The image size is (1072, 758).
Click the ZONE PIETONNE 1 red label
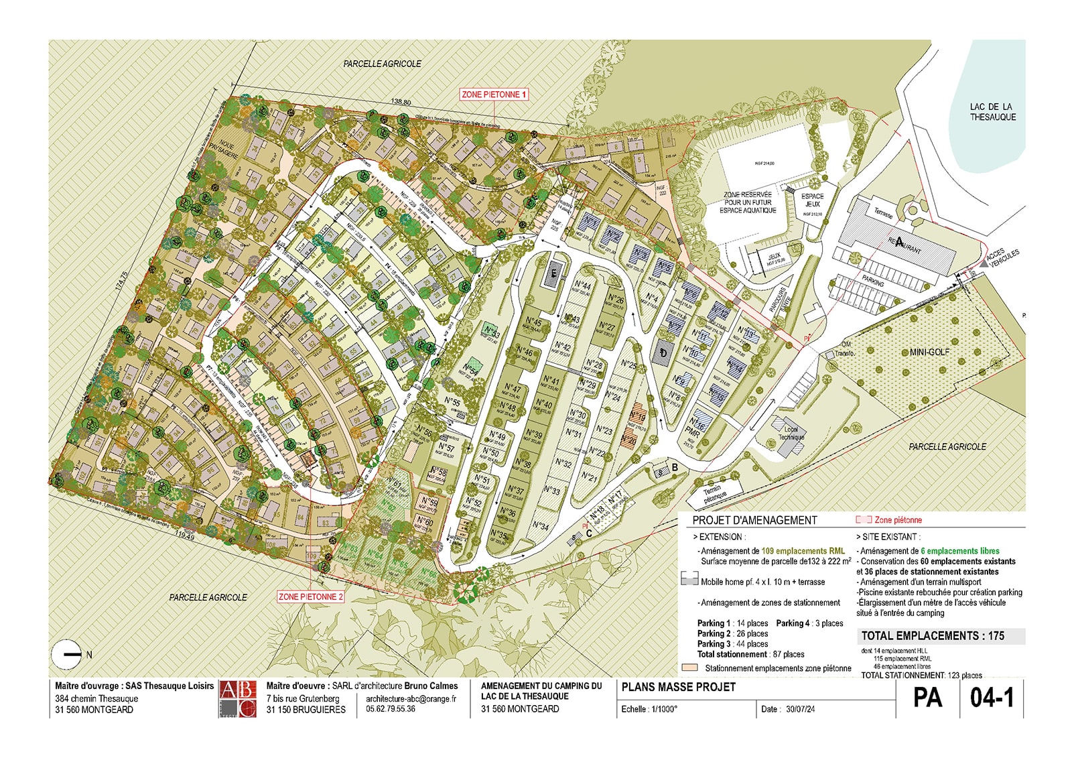coord(494,94)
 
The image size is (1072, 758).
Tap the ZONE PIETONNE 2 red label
coord(311,596)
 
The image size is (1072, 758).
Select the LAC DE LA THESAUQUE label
coord(992,112)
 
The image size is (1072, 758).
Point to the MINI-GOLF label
coord(929,352)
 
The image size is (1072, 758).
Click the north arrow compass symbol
coord(68,654)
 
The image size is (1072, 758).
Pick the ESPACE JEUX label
coord(812,200)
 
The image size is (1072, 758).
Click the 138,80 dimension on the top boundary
coord(401,102)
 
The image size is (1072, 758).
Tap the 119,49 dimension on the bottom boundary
coord(185,536)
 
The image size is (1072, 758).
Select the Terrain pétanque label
coord(714,495)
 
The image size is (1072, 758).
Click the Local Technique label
coord(791,434)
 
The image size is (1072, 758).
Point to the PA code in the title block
coord(927,698)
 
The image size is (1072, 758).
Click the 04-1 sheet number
coord(992,698)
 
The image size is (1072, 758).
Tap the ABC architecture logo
coord(238,699)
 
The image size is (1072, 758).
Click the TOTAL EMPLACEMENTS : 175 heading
coord(933,636)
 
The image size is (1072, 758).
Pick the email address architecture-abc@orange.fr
coord(411,698)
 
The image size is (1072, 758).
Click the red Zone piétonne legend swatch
coord(863,519)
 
